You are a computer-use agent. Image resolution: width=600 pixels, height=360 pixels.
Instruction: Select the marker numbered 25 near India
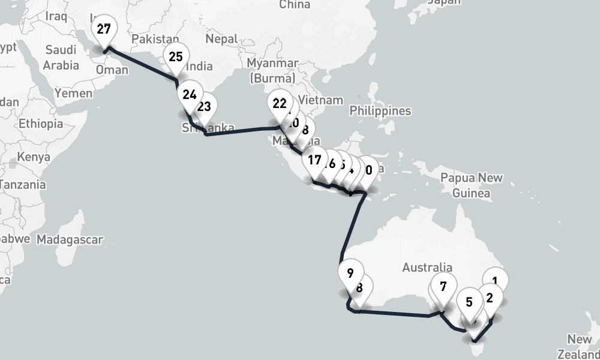tap(176, 58)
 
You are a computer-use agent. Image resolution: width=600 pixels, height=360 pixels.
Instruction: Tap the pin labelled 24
tap(190, 95)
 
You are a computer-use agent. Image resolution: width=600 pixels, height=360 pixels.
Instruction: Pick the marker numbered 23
tap(205, 107)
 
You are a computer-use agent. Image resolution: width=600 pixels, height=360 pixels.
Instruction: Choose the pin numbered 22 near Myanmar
tap(280, 103)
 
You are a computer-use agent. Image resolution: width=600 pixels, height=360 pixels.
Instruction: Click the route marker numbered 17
tap(314, 160)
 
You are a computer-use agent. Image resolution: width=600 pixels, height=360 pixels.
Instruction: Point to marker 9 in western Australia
tap(350, 274)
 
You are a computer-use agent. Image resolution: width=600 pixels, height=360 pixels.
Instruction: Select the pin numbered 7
tap(443, 286)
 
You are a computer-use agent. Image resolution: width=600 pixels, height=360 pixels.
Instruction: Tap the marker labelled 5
tap(469, 302)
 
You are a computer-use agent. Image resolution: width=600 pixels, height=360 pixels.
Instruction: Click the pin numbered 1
tap(495, 281)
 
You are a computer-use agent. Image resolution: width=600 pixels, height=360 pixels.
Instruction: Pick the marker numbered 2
tap(490, 298)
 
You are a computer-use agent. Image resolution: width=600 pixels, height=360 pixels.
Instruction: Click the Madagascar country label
tap(70, 240)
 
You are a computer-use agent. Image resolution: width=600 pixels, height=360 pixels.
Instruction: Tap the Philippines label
tap(380, 111)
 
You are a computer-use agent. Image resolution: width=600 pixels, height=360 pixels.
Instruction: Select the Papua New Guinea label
tap(472, 185)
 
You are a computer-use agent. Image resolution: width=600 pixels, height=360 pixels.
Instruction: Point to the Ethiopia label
tap(40, 124)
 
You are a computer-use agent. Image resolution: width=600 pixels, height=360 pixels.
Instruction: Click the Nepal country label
tap(221, 39)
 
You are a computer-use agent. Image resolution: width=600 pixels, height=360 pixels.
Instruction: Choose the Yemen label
tap(73, 94)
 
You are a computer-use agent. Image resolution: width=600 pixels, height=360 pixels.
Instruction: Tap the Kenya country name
tap(34, 157)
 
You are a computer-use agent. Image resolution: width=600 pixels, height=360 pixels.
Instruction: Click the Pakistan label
tap(155, 39)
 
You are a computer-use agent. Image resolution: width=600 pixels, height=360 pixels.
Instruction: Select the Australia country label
tap(427, 268)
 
